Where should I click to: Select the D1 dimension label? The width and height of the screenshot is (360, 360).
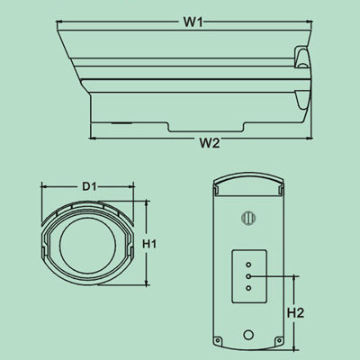pos(88,186)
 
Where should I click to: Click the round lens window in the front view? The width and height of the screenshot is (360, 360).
pos(87,242)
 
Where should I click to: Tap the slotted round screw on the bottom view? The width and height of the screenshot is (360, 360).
pos(248,217)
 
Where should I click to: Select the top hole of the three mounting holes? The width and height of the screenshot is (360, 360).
pos(248,265)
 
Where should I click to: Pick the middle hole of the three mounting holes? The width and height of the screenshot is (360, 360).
pos(248,276)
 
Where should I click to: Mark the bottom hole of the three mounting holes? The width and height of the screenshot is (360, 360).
pos(248,288)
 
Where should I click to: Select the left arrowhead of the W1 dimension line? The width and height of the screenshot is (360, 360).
pos(58,22)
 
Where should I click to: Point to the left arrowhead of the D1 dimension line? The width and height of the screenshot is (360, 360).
pos(44,187)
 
